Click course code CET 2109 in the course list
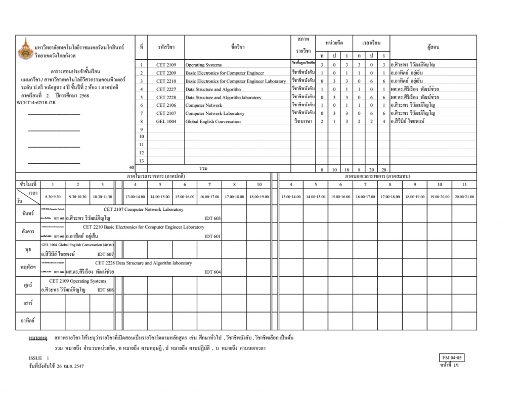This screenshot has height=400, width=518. (x=166, y=65)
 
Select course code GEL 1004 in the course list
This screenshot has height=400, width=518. (x=166, y=121)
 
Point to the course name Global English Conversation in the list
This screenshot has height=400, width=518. (x=213, y=121)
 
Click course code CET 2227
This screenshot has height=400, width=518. (x=166, y=89)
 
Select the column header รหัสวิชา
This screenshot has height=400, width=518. (x=166, y=47)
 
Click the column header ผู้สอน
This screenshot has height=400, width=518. (x=433, y=47)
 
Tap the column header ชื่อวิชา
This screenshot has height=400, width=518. (x=238, y=47)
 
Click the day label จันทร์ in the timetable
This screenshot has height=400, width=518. (x=27, y=214)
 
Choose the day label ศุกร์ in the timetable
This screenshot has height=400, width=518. (x=27, y=285)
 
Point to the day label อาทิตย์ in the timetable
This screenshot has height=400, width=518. (x=27, y=321)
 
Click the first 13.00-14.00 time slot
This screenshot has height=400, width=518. (x=135, y=197)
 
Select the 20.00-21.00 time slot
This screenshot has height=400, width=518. (x=464, y=197)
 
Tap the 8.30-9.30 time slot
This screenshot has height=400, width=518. (x=53, y=197)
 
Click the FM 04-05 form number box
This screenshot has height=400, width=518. (x=452, y=358)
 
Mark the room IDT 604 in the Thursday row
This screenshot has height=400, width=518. (x=212, y=272)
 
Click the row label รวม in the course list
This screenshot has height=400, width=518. (x=203, y=168)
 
